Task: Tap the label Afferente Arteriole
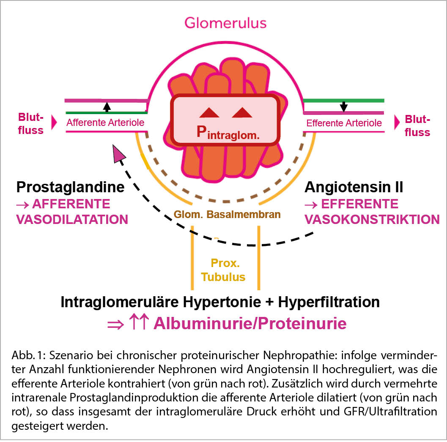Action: click(105, 123)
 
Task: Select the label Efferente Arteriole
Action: click(344, 123)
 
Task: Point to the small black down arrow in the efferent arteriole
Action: click(344, 106)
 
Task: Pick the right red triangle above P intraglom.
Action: click(242, 112)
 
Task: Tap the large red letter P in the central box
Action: click(203, 132)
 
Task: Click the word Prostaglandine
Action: click(70, 187)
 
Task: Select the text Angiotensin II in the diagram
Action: click(354, 187)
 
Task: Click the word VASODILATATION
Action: click(72, 219)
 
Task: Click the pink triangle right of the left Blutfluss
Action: click(54, 123)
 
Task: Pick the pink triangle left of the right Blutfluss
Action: click(397, 123)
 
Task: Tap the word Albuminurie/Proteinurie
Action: click(250, 323)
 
